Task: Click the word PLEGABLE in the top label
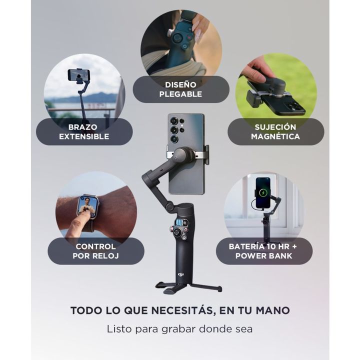click(180, 94)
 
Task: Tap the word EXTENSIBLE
click(84, 136)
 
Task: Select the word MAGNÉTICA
click(275, 136)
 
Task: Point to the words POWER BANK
click(264, 256)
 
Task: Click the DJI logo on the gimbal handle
click(181, 274)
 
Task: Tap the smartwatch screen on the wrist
click(87, 206)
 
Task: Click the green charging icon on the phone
click(263, 192)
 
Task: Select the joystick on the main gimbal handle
click(177, 232)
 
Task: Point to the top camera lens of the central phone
click(174, 121)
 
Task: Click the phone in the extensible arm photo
click(79, 75)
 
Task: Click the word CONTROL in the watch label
click(95, 246)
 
